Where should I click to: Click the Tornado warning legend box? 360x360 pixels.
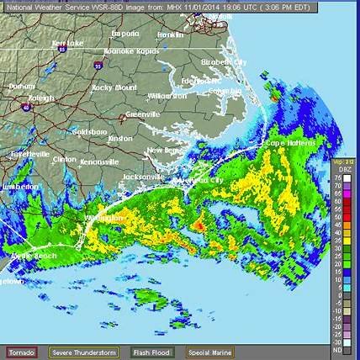pos(25,352)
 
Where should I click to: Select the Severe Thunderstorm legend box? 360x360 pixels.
pos(83,352)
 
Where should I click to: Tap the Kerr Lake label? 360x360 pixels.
pos(66,42)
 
